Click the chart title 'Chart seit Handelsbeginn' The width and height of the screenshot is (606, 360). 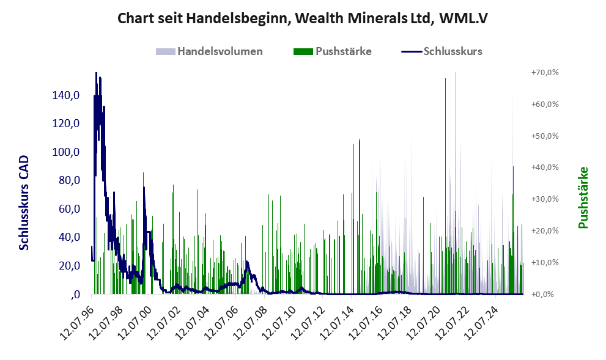pyautogui.click(x=203, y=18)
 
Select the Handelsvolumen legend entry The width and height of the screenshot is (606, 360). pyautogui.click(x=209, y=51)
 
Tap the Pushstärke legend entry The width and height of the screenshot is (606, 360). pyautogui.click(x=333, y=51)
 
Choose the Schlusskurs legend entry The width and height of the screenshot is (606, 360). pyautogui.click(x=442, y=51)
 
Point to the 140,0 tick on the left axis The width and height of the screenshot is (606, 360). pyautogui.click(x=66, y=95)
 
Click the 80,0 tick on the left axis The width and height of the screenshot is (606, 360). pyautogui.click(x=69, y=180)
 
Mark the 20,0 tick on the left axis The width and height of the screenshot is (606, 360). pyautogui.click(x=69, y=266)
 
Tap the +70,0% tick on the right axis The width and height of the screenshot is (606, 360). pyautogui.click(x=545, y=73)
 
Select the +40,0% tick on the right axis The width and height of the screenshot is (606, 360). pyautogui.click(x=545, y=167)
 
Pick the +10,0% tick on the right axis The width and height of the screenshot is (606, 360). pyautogui.click(x=545, y=262)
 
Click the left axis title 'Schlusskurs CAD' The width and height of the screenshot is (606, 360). pyautogui.click(x=24, y=203)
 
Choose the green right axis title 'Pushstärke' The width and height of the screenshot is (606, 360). pyautogui.click(x=583, y=197)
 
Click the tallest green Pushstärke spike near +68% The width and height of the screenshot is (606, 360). pyautogui.click(x=445, y=79)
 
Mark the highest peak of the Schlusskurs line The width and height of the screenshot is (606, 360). pyautogui.click(x=96, y=73)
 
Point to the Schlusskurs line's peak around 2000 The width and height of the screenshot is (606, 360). pyautogui.click(x=144, y=188)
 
